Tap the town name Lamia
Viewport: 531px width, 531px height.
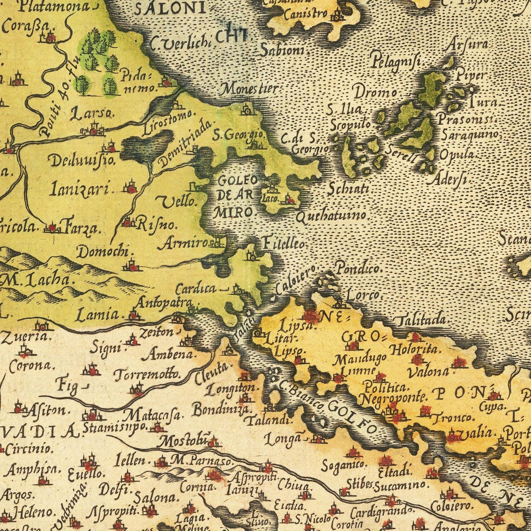click(98, 315)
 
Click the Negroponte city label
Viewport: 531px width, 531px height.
click(392, 397)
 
